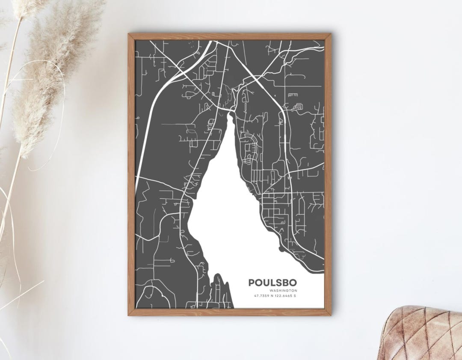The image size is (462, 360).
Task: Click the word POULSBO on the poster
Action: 272,283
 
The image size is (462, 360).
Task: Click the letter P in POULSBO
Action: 252,283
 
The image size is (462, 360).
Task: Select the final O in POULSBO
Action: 293,283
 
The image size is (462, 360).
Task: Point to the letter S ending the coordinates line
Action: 295,296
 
